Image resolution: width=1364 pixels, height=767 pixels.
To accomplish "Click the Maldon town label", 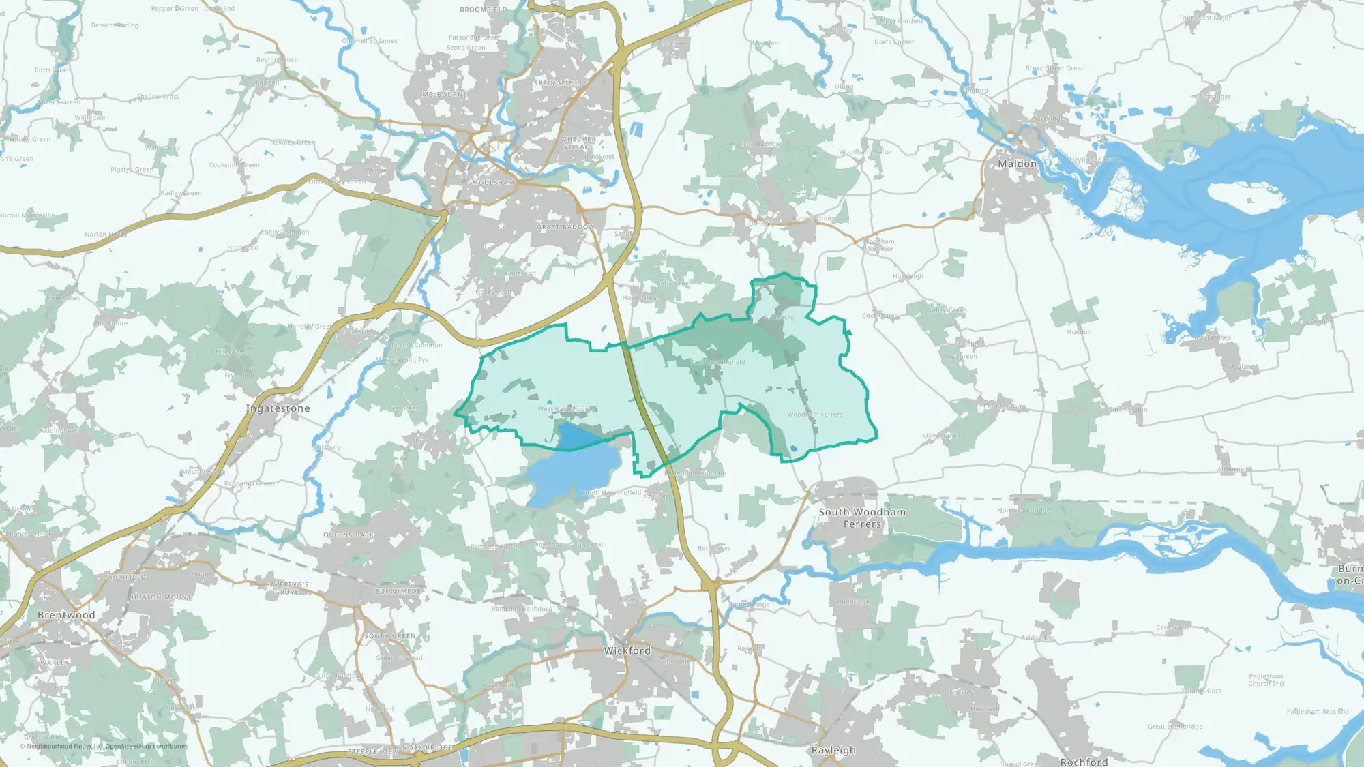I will point(1017,164).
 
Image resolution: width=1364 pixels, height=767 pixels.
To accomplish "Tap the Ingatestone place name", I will point(278,408).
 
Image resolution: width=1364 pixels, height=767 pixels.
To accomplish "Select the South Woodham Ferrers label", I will point(862,518).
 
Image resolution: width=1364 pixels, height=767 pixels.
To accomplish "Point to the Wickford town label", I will point(627,650).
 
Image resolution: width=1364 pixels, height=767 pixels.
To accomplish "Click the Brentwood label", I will point(66,615).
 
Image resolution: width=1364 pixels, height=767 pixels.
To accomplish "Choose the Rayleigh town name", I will point(833,750).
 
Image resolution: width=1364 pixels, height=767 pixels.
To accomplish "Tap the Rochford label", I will point(1084,762).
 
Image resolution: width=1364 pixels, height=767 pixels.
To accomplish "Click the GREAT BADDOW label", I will point(565,227).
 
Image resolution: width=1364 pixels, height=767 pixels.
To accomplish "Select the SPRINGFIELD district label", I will point(558,83).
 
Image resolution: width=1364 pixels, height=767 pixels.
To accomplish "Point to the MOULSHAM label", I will point(493,183).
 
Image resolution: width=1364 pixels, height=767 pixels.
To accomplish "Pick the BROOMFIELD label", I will point(484,10).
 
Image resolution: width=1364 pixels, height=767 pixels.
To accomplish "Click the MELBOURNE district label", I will point(445,95).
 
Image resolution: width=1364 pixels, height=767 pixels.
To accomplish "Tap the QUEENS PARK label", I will point(349,535).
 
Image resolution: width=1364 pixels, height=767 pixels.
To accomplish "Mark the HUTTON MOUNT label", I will point(161,597).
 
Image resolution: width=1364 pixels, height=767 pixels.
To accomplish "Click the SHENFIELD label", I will point(125,577).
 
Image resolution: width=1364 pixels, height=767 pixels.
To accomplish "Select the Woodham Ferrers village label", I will point(814,415).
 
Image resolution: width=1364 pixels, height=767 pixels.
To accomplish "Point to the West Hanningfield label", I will point(567,409).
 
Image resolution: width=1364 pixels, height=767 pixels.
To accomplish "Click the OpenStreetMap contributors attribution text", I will point(147,746).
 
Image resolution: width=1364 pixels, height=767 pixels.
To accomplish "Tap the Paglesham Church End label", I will point(1266,680).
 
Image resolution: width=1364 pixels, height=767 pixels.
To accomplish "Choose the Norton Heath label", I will point(106,234).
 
